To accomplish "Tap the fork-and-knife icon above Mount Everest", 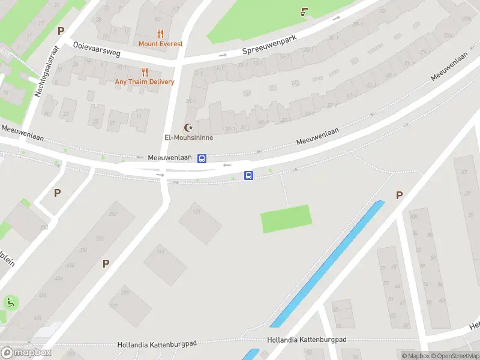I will click(x=160, y=34).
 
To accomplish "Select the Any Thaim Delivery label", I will click(x=145, y=82).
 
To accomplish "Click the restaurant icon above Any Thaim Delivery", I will click(x=145, y=72).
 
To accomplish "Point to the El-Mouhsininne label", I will click(x=189, y=137).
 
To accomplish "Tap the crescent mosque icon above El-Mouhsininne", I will click(x=190, y=127).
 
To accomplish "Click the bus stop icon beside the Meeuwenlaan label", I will click(x=202, y=158).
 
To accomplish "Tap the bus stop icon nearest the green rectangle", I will click(x=248, y=176).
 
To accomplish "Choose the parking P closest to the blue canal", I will click(x=399, y=195).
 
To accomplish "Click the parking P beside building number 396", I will click(x=106, y=263).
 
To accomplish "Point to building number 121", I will click(x=196, y=212).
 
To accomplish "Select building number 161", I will click(x=160, y=252).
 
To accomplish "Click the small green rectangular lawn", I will click(x=286, y=218).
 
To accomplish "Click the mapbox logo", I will click(x=26, y=352).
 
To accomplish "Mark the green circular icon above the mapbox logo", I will click(x=11, y=303).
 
